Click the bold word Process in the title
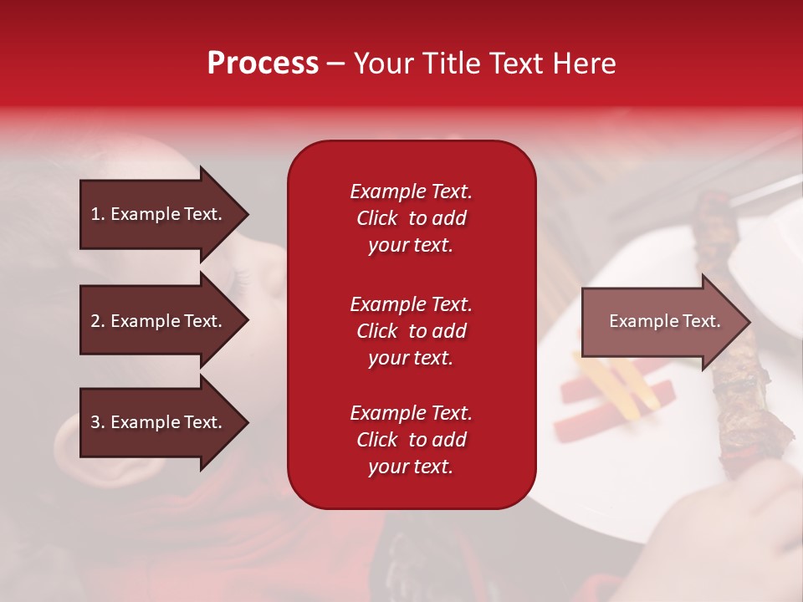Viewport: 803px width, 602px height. click(x=263, y=64)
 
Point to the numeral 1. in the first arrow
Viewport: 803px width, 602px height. click(x=98, y=214)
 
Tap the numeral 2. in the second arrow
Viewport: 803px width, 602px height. click(x=98, y=321)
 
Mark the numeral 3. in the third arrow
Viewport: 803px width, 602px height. click(x=98, y=422)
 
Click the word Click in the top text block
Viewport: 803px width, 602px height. click(x=376, y=218)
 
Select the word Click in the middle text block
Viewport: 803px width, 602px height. click(x=376, y=331)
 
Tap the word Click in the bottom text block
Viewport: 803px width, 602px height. click(x=376, y=440)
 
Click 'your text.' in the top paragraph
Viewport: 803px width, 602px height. click(x=411, y=245)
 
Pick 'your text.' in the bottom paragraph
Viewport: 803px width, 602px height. click(x=411, y=467)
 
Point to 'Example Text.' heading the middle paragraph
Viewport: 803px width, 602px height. click(x=411, y=304)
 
